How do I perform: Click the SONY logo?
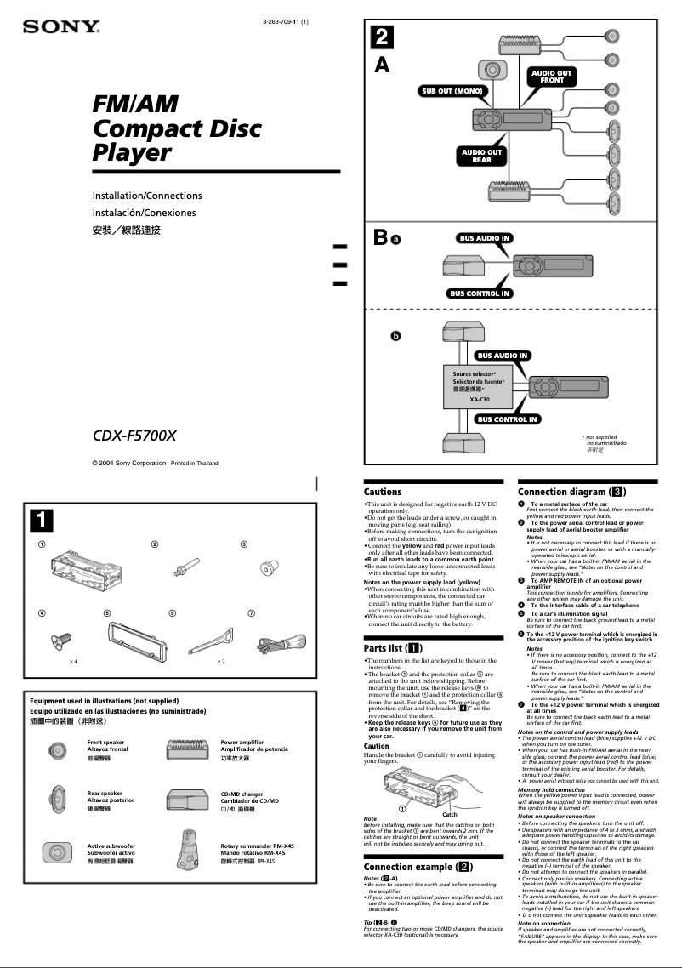point(62,26)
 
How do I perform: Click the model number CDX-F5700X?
point(134,436)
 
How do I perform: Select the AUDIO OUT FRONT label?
point(551,77)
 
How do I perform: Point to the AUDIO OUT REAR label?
point(481,156)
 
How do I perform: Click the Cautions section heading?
point(383,492)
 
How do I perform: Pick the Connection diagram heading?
point(572,492)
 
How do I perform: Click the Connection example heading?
point(418,867)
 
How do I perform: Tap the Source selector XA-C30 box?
point(480,386)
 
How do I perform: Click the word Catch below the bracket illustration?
point(451,814)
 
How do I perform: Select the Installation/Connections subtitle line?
point(147,196)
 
